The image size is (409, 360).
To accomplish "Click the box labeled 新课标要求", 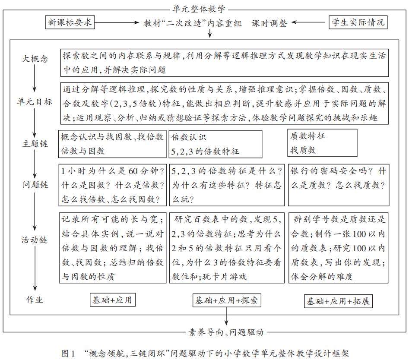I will click(70, 22).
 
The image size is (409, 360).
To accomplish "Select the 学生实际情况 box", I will click(357, 22).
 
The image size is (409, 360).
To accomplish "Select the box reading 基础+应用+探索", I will click(227, 300).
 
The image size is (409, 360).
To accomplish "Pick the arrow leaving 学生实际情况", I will click(310, 22).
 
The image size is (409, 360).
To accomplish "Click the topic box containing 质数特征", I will click(323, 142).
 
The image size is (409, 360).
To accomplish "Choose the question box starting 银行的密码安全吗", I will click(338, 184).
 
